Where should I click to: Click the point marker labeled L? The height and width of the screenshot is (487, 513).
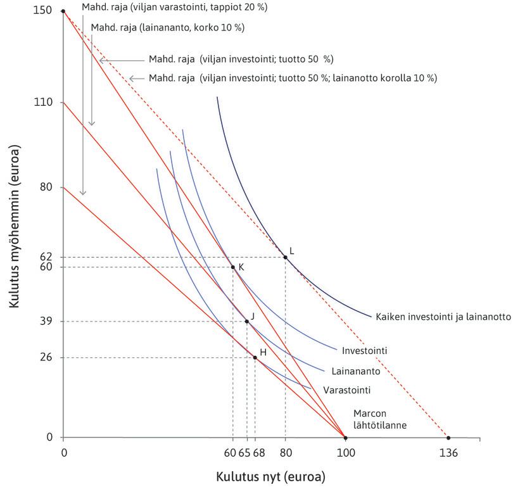tap(285, 257)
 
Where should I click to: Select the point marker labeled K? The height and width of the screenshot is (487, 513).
tap(232, 267)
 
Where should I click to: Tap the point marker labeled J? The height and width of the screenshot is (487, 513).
tap(247, 322)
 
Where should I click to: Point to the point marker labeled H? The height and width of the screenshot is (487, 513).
tap(255, 358)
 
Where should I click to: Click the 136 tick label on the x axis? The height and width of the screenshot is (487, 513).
tap(448, 453)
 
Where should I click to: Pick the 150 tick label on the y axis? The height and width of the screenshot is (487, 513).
tap(46, 11)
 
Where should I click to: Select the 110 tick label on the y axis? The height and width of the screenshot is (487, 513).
tap(46, 103)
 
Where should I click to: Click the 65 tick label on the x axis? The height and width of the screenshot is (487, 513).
tap(245, 453)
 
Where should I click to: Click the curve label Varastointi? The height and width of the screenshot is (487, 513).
tap(346, 390)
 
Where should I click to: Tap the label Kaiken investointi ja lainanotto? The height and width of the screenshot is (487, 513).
tap(443, 317)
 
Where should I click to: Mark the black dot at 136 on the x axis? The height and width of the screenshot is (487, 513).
tap(448, 438)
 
